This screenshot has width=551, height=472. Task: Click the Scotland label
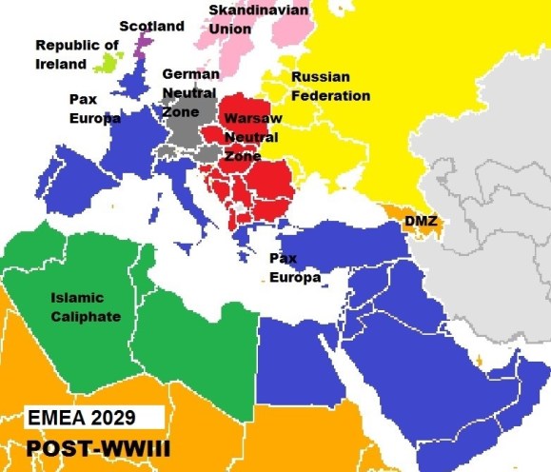coord(151,27)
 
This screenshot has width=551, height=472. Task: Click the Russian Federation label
coord(330,86)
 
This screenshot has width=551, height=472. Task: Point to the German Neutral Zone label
coord(190,93)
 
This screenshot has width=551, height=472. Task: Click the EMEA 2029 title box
coord(87,420)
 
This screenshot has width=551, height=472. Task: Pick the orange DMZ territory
coord(400,211)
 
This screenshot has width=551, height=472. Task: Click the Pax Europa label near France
coord(94,108)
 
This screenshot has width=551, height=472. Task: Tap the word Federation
coord(330,95)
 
